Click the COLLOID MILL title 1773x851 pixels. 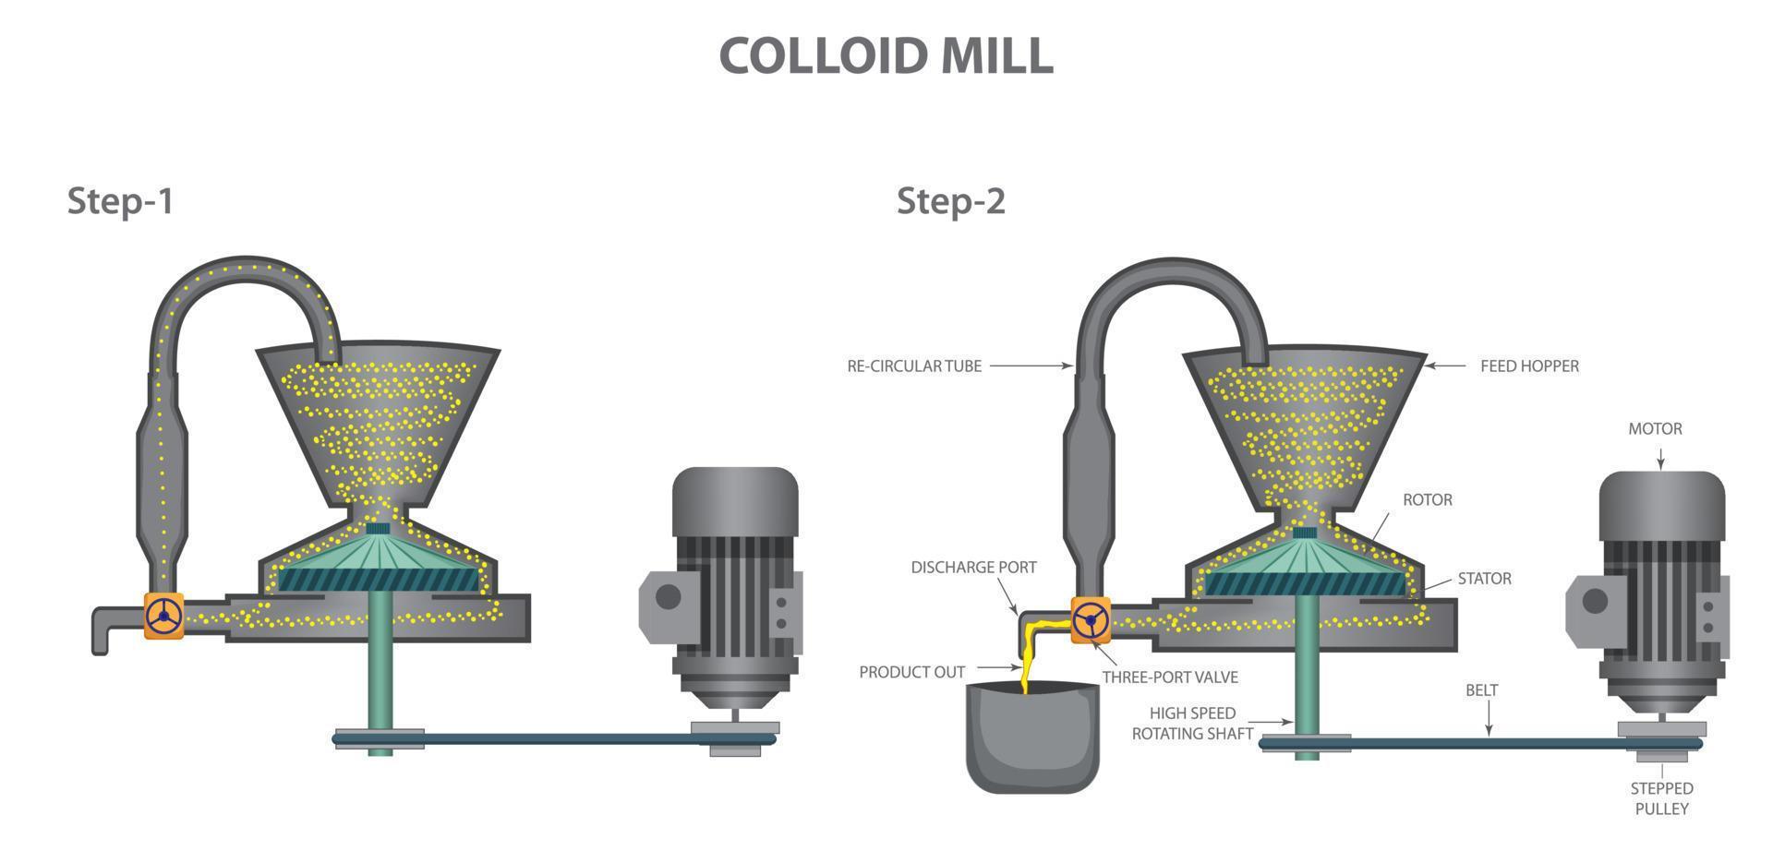(886, 56)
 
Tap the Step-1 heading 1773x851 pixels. (120, 200)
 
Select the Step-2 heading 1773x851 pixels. (950, 200)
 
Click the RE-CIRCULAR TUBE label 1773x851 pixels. (914, 366)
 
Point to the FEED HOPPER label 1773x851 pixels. (1529, 366)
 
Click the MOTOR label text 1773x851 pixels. (1655, 429)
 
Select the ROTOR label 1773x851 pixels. (1427, 500)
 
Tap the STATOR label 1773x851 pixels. (1484, 579)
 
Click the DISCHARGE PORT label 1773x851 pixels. (973, 568)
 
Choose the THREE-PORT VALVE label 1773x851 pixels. (1170, 677)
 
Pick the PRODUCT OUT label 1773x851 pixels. (911, 673)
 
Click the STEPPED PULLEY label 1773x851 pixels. (1661, 798)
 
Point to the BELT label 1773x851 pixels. (1481, 690)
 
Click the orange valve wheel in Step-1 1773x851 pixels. (164, 616)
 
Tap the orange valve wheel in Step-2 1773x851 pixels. (1091, 619)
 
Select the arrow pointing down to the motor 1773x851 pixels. (1660, 459)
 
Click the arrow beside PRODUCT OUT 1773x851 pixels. (998, 667)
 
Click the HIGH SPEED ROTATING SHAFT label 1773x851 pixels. (1192, 724)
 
